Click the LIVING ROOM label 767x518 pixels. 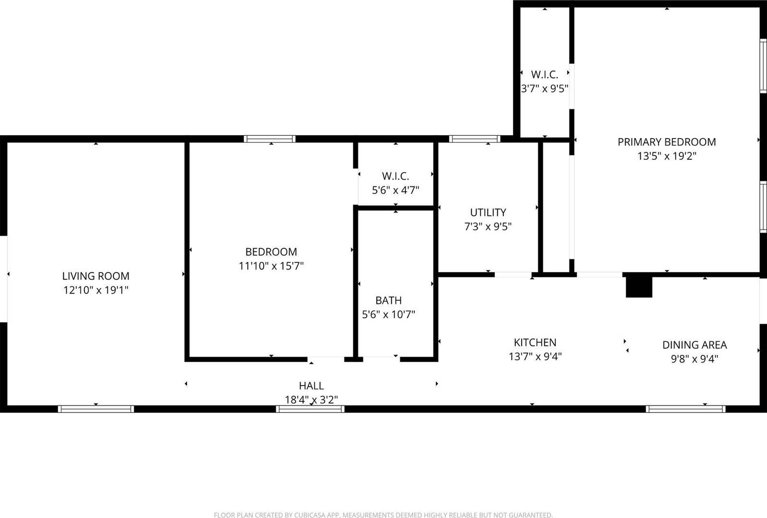tap(96, 276)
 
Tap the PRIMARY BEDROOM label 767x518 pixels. tap(666, 142)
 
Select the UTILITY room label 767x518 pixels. tap(488, 212)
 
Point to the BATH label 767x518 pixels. tap(388, 301)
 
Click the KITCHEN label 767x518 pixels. tap(535, 342)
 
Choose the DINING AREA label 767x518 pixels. tap(695, 345)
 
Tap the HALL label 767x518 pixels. tap(311, 386)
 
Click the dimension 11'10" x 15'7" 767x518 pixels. tap(271, 266)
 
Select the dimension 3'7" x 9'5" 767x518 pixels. tap(545, 89)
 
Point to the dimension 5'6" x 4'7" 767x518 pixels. tap(395, 190)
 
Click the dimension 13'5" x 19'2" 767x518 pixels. tap(666, 156)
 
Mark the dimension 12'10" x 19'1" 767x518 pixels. tap(96, 290)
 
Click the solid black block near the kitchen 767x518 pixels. tap(639, 287)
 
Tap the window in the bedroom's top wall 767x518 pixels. tap(269, 139)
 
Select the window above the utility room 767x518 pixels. tap(475, 139)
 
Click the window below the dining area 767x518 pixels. tap(686, 409)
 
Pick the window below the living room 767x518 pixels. tap(96, 409)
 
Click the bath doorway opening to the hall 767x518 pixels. tap(382, 358)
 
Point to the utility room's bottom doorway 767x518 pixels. tap(513, 275)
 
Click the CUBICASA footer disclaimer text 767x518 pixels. tap(383, 515)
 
